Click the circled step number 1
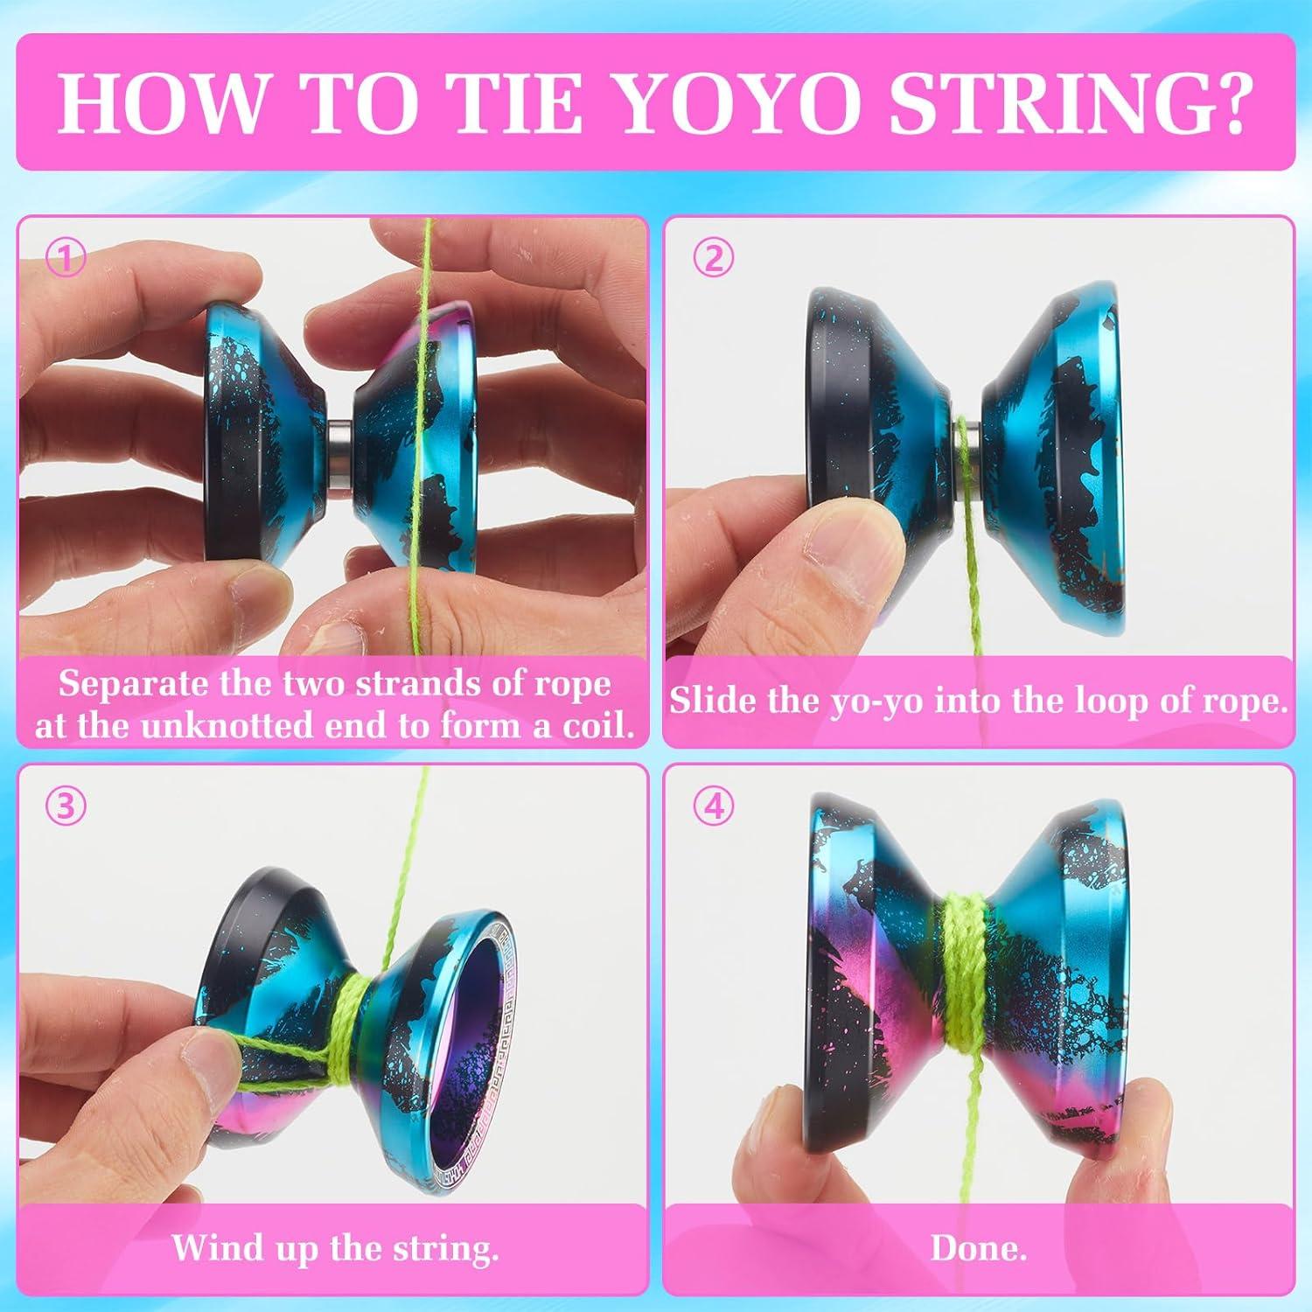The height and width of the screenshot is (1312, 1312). tap(66, 259)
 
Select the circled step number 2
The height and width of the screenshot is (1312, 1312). tap(714, 259)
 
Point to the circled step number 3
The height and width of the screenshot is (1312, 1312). tap(66, 806)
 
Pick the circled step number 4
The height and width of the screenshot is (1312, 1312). tap(714, 806)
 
